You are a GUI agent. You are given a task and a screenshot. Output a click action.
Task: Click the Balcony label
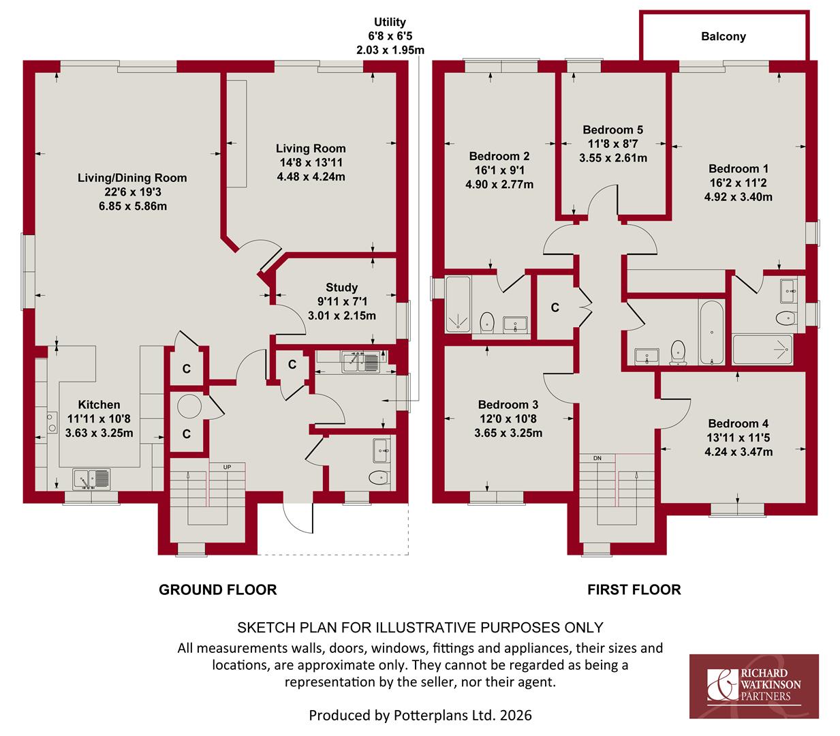[723, 37]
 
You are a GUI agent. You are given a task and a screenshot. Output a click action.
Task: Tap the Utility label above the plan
[390, 22]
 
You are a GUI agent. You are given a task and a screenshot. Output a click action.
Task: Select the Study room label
[341, 288]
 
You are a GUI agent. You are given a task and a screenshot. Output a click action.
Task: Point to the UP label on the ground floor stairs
[227, 467]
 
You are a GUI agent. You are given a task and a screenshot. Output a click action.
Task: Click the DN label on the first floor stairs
[597, 458]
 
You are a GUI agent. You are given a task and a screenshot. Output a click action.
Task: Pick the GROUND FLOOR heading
[217, 589]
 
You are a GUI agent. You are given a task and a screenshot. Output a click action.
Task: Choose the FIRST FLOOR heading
[634, 589]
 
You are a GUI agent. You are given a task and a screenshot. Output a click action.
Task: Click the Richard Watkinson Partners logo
[753, 686]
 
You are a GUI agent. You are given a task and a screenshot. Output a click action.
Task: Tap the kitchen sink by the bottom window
[91, 479]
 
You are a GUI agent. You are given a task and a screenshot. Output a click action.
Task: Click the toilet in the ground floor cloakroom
[379, 477]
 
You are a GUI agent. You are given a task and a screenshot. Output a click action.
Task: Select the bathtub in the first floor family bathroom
[711, 333]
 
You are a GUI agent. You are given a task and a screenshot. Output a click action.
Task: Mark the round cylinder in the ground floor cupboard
[189, 407]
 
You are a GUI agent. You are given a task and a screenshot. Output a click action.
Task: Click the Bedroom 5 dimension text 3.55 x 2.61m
[613, 157]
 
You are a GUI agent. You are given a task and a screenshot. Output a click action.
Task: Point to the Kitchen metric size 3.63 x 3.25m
[99, 433]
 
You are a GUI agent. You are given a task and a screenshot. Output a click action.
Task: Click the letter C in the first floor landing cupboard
[555, 307]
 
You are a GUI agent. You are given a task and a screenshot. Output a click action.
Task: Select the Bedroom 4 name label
[738, 423]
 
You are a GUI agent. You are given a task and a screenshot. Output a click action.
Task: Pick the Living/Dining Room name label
[132, 178]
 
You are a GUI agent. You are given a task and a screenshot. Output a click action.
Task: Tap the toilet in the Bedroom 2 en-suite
[487, 322]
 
